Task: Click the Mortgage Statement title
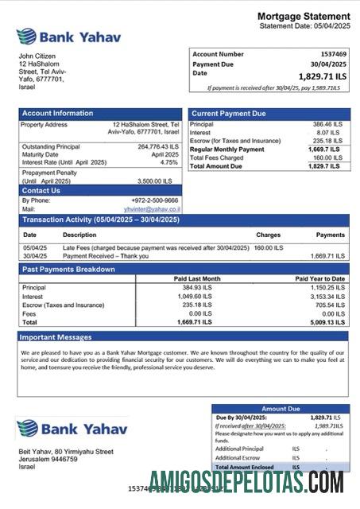coord(303,17)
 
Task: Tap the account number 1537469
coord(327,54)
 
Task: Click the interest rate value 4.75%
coord(169,162)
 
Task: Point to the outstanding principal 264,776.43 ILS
coord(158,147)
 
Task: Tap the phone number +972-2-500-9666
coord(155,200)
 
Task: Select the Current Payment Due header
coord(229,114)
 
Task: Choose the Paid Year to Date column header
coord(320,279)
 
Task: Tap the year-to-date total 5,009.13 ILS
coord(327,323)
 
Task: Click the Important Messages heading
coord(57,336)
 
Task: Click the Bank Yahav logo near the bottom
coord(72,429)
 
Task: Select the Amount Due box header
coord(280,408)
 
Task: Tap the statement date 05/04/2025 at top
coord(327,26)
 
